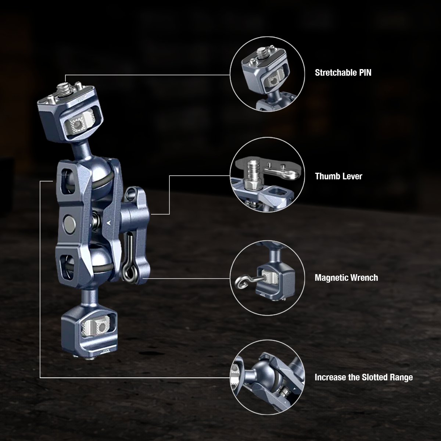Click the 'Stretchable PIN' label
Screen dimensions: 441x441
[x=343, y=72]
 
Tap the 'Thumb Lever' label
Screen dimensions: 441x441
[x=338, y=176]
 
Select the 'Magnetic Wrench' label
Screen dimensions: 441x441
[x=346, y=277]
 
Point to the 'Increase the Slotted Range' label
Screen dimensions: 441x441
[x=364, y=377]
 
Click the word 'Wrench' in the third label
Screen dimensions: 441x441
[x=364, y=277]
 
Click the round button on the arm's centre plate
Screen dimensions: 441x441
[x=69, y=222]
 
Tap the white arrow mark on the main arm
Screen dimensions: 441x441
[x=108, y=222]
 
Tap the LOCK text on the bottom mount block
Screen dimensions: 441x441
[x=106, y=350]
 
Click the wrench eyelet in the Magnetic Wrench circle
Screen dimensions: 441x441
[x=241, y=282]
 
